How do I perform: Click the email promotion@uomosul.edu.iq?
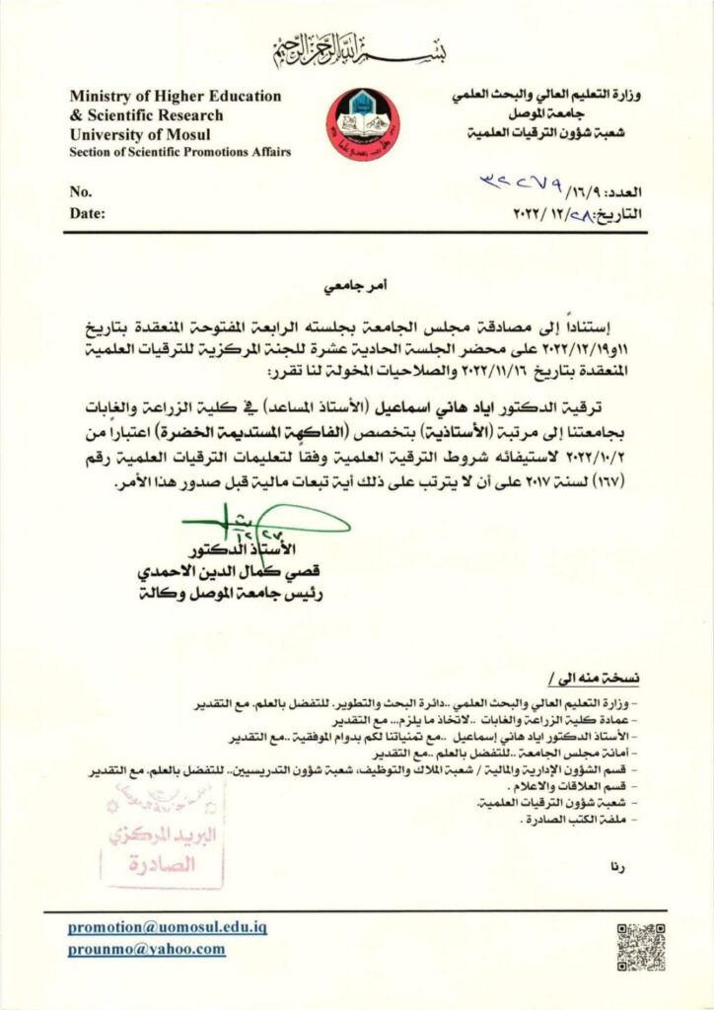tap(168, 927)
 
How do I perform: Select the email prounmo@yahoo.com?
tap(147, 949)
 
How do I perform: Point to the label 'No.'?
tap(81, 191)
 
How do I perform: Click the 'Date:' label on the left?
tap(87, 212)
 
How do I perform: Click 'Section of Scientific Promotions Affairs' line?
tap(180, 151)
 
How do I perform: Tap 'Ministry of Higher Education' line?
tap(176, 97)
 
